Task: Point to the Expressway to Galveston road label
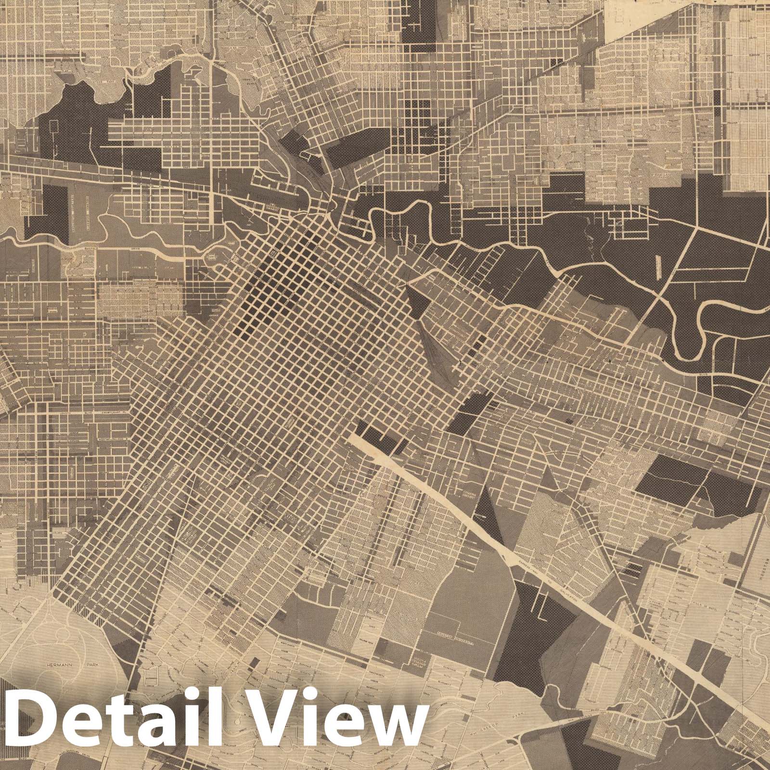pyautogui.click(x=544, y=582)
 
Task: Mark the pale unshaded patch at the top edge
pyautogui.click(x=626, y=14)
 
